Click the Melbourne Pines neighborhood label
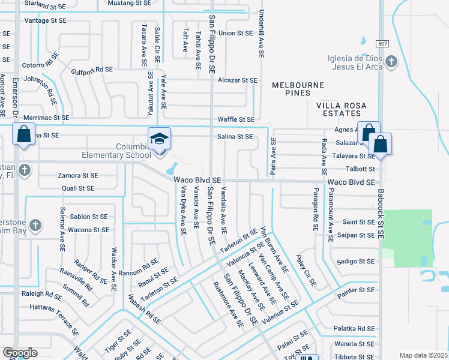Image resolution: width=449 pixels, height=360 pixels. [x=291, y=89]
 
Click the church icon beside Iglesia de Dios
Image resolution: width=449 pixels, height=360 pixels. [x=391, y=62]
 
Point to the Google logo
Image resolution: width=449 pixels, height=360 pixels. [x=20, y=353]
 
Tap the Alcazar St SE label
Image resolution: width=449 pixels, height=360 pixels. [x=237, y=80]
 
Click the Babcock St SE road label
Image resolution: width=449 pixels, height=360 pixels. [x=380, y=210]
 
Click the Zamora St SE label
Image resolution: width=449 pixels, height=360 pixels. [x=77, y=176]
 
